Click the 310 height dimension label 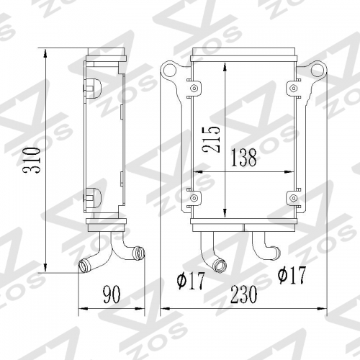(x=31, y=161)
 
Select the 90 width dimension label (x=112, y=294)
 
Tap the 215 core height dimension (x=211, y=140)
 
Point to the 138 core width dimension (x=243, y=158)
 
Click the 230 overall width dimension (x=243, y=294)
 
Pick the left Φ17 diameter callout (x=191, y=280)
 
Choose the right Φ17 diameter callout (x=292, y=275)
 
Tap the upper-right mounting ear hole (x=318, y=68)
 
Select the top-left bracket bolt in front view (x=194, y=89)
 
